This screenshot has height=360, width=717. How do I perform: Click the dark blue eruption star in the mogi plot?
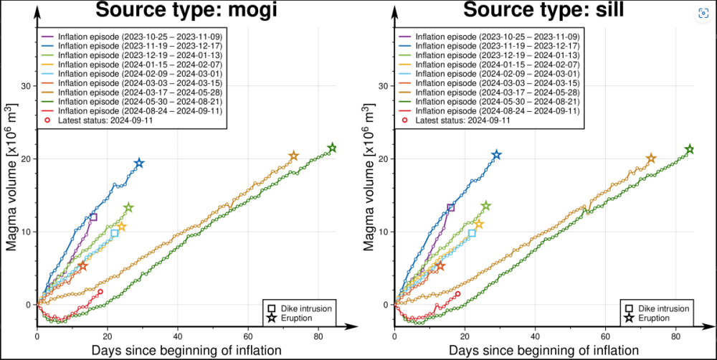click(x=139, y=164)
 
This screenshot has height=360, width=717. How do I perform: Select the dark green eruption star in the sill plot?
click(x=690, y=149)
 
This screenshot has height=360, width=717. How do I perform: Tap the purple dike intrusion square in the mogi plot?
click(x=93, y=217)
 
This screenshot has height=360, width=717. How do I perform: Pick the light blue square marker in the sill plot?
click(x=471, y=232)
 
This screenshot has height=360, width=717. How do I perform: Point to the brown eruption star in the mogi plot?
click(x=293, y=156)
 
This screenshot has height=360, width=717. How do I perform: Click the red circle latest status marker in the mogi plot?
click(x=100, y=292)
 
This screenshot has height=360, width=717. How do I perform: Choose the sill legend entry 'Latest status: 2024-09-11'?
click(x=460, y=120)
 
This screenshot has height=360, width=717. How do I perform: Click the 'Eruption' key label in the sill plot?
click(x=654, y=318)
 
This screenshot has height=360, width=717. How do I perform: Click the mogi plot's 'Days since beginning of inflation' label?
click(x=185, y=350)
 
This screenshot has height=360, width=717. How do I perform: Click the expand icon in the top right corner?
click(x=703, y=14)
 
